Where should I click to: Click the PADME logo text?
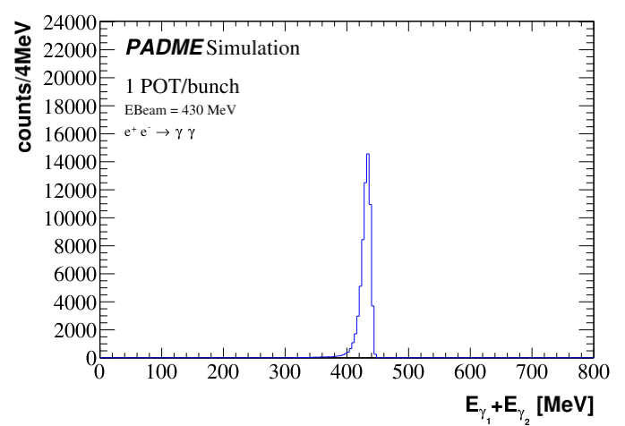click(164, 47)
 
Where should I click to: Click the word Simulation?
click(253, 47)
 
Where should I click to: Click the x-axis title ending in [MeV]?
click(528, 406)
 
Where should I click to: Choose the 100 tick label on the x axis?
click(161, 371)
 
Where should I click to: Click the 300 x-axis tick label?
click(285, 371)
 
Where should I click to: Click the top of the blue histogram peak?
click(368, 154)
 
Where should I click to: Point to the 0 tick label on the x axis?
click(99, 371)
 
